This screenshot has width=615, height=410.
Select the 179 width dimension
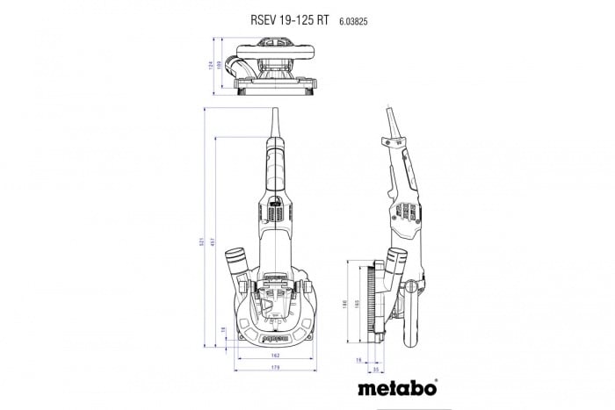[276, 369]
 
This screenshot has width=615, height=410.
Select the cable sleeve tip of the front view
[275, 119]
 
